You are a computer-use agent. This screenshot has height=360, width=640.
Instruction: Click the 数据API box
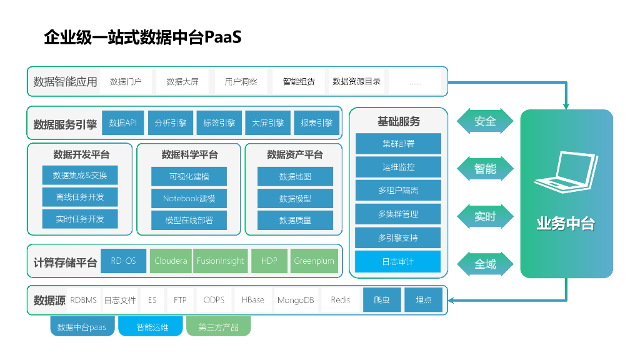(123, 123)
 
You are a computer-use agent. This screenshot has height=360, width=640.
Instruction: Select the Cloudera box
(171, 261)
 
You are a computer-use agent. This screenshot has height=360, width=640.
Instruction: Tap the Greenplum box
(314, 261)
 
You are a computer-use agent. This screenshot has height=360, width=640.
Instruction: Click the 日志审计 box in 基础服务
(398, 261)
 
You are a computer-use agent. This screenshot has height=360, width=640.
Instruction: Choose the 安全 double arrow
(485, 121)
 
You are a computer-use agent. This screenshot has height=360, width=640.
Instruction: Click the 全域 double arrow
(485, 264)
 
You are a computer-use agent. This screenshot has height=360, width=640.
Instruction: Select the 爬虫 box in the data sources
(382, 300)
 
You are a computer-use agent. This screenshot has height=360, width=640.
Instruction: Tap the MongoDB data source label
(296, 300)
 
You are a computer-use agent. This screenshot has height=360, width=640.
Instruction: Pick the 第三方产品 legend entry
(218, 327)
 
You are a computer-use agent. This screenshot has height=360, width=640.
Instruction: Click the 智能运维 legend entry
(152, 327)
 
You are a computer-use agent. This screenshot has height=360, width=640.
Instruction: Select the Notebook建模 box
(189, 199)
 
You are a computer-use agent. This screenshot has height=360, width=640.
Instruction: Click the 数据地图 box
(295, 177)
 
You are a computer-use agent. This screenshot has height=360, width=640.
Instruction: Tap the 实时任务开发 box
(79, 219)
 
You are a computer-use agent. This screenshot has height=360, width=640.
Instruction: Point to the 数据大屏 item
(182, 82)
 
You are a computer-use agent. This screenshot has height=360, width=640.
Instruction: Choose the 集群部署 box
(398, 144)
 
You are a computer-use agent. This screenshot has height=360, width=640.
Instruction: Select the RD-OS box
(123, 261)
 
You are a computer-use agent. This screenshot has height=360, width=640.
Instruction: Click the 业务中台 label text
(566, 224)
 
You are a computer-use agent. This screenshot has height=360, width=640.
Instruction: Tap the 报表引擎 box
(317, 123)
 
